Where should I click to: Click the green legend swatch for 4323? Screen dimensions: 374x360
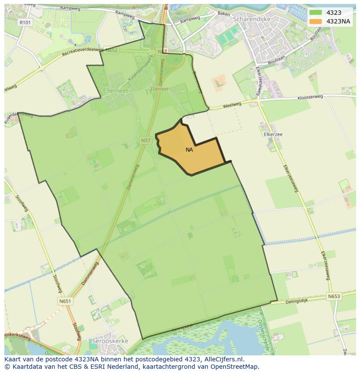316,13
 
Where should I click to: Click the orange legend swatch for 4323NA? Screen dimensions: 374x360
316,21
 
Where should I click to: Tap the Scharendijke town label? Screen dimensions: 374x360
252,19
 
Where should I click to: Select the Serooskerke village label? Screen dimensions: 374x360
110,341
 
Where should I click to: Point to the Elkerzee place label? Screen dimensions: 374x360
273,134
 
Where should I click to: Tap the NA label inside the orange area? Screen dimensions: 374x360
189,150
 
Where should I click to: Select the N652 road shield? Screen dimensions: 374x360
111,50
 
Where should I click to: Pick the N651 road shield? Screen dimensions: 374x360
65,301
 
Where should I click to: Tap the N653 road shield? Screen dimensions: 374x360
334,296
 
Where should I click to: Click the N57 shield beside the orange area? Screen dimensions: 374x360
145,140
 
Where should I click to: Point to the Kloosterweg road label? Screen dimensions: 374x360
310,98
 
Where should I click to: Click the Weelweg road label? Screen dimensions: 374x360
232,105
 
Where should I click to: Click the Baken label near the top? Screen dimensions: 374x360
223,14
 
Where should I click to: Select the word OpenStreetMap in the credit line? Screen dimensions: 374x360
237,367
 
